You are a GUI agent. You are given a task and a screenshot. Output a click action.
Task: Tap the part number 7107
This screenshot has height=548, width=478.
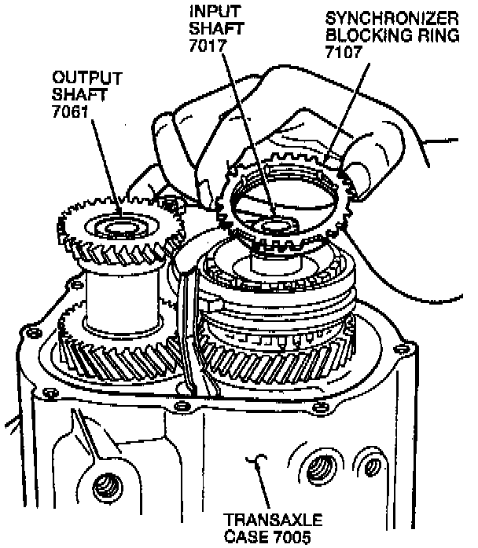[340, 53]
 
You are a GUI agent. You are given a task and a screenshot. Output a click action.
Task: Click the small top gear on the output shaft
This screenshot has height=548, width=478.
[118, 228]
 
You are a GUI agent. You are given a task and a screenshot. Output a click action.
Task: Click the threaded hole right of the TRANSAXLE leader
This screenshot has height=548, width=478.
[318, 469]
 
